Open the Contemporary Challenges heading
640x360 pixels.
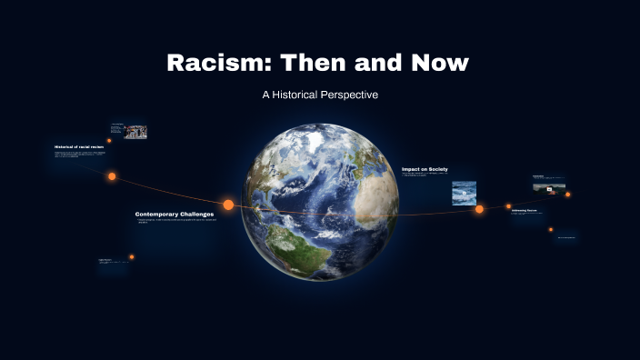[175, 215]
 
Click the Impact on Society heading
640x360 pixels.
[425, 169]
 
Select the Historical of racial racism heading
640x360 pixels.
[79, 146]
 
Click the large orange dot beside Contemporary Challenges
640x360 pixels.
[228, 205]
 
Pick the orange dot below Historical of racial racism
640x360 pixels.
[112, 176]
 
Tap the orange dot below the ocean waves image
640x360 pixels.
[479, 209]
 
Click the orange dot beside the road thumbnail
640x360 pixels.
[568, 194]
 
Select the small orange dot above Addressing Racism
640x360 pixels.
[508, 206]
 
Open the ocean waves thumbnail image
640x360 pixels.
[465, 191]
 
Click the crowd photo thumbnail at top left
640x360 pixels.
[135, 132]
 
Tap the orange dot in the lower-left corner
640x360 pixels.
[131, 257]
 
